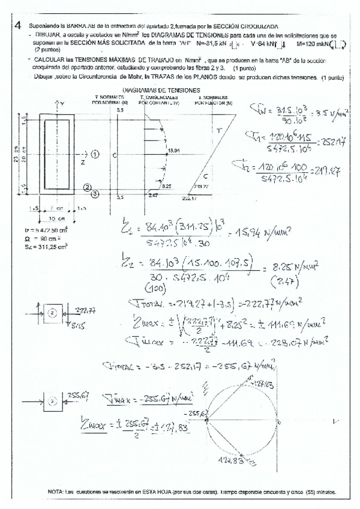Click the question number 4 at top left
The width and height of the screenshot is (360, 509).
tap(19, 26)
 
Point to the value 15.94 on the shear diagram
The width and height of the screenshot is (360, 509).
tap(175, 150)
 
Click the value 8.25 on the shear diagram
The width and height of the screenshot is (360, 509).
tap(167, 186)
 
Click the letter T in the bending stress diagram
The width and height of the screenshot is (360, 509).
tap(219, 130)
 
